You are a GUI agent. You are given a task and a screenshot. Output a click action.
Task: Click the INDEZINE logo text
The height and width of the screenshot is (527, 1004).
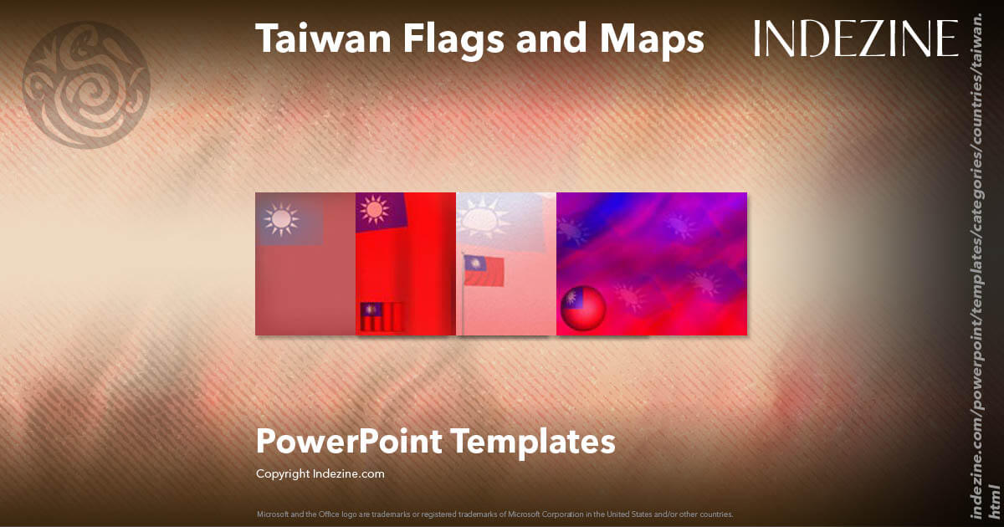pos(856,38)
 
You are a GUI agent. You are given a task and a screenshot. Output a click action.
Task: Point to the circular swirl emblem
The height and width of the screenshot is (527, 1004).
pos(86,84)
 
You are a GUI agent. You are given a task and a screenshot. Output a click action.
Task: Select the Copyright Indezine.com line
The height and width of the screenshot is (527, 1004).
pos(320,473)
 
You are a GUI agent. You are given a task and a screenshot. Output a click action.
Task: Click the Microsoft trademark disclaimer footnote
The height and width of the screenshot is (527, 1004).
pos(494,514)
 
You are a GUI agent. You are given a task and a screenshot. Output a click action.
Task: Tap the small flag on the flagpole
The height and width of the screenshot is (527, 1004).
pos(485,270)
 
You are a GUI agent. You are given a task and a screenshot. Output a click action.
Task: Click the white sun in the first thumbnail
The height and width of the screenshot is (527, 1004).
pos(281,219)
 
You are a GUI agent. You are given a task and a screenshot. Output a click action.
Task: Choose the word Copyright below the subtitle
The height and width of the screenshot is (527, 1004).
pos(283,473)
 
